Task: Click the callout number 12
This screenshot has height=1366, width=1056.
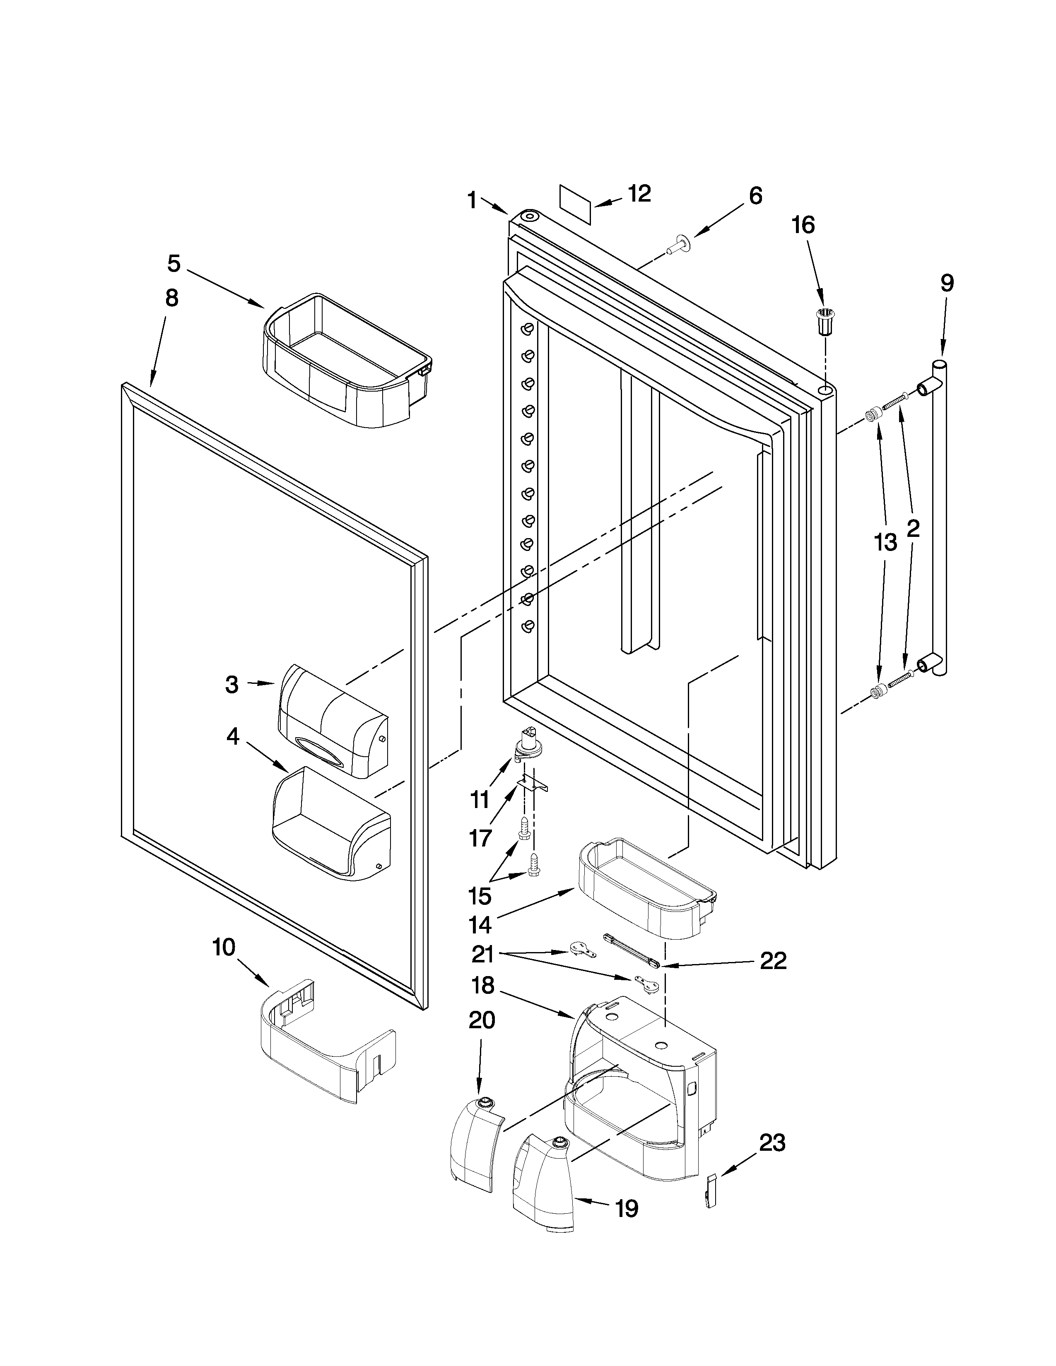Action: tap(639, 193)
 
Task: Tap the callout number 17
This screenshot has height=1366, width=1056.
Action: tap(480, 837)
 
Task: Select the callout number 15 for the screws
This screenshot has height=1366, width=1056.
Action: tap(480, 896)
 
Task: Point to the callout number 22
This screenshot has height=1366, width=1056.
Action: tap(773, 961)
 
